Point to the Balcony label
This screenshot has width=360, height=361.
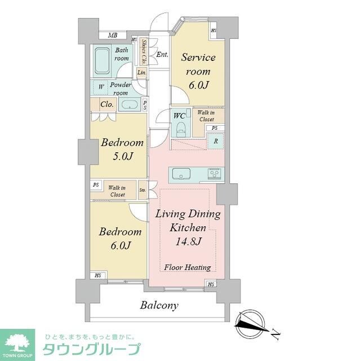[x=159, y=306]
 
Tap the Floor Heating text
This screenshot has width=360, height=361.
[x=188, y=267]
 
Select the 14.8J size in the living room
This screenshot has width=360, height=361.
[x=188, y=241]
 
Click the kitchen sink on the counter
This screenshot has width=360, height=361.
[x=181, y=173]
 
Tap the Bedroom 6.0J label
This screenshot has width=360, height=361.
[x=119, y=238]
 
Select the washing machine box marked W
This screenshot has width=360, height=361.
[x=101, y=87]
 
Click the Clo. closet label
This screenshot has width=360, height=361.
[x=107, y=104]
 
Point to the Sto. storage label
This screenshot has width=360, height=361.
[x=143, y=190]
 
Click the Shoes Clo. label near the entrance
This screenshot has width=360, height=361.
[x=144, y=52]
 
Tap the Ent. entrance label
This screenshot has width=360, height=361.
[x=162, y=55]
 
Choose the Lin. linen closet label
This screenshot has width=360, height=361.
[x=142, y=73]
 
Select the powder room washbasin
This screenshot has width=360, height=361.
[x=130, y=104]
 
